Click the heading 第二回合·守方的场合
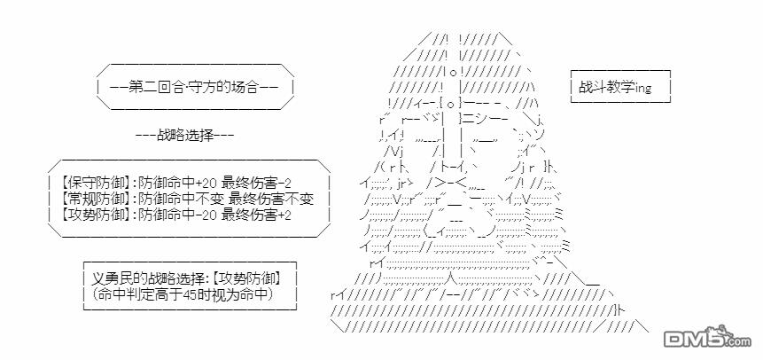(x=194, y=88)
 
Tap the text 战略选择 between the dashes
(x=185, y=136)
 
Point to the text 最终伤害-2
(x=256, y=184)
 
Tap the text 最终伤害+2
(x=256, y=214)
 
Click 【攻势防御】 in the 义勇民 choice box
(x=249, y=278)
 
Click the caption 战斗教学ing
(x=615, y=87)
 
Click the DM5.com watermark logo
(x=708, y=337)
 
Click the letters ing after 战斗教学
(x=643, y=88)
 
